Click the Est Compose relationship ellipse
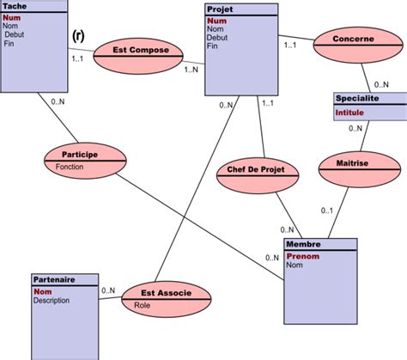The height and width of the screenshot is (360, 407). [141, 51]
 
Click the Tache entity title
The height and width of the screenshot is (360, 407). [15, 6]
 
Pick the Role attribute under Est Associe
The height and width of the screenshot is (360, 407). [143, 304]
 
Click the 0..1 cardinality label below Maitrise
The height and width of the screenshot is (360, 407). [327, 211]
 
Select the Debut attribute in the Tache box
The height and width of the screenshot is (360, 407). [15, 34]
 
